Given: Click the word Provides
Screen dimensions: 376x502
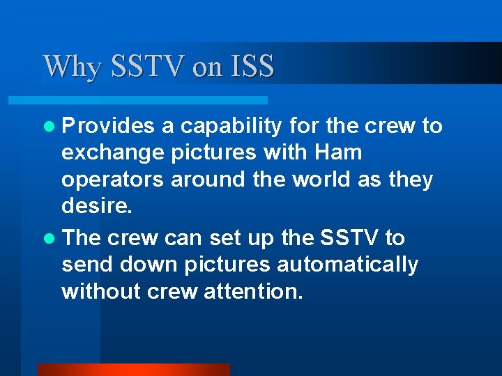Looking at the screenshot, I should pos(108,126).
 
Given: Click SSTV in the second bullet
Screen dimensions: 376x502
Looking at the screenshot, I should pos(347,238).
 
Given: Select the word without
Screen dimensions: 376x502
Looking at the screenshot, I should pos(101,292).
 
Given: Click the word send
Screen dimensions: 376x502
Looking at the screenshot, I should pos(86,265).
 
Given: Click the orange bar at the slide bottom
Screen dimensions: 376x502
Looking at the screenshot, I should pos(133,370).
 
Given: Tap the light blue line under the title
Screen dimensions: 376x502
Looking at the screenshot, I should pos(153,100).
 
